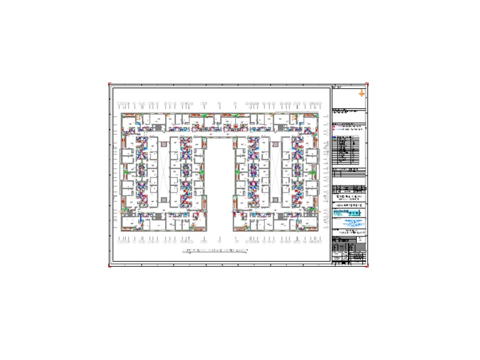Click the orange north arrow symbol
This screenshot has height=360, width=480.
[361, 94]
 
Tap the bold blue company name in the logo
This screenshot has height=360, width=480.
[341, 212]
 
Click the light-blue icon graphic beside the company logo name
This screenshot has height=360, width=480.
[356, 213]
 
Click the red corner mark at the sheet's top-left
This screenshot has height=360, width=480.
[109, 84]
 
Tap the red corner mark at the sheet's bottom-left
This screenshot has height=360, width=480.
[109, 266]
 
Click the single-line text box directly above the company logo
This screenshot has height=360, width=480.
[349, 204]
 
